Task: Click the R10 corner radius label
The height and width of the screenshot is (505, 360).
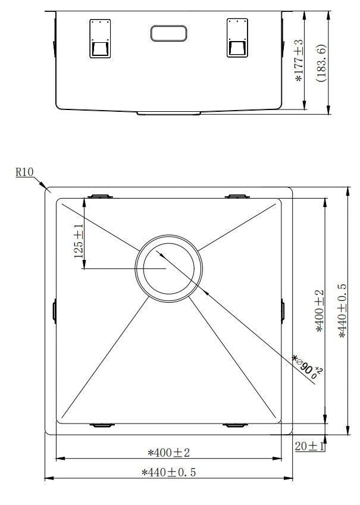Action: click(24, 172)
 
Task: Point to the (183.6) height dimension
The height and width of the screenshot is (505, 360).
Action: click(321, 62)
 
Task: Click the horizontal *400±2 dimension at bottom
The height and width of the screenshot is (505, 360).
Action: click(168, 453)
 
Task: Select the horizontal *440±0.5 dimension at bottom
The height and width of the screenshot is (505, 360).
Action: click(168, 473)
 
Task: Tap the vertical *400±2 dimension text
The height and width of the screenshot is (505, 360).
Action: click(320, 311)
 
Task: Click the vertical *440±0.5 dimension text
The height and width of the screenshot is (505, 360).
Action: click(343, 311)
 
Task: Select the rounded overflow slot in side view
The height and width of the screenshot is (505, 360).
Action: click(169, 33)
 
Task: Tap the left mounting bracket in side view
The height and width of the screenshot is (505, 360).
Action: click(99, 39)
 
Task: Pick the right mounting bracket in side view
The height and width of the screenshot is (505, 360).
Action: click(237, 39)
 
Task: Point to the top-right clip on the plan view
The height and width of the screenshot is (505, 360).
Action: click(236, 196)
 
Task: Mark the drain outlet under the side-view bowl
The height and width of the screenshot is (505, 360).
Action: click(169, 112)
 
